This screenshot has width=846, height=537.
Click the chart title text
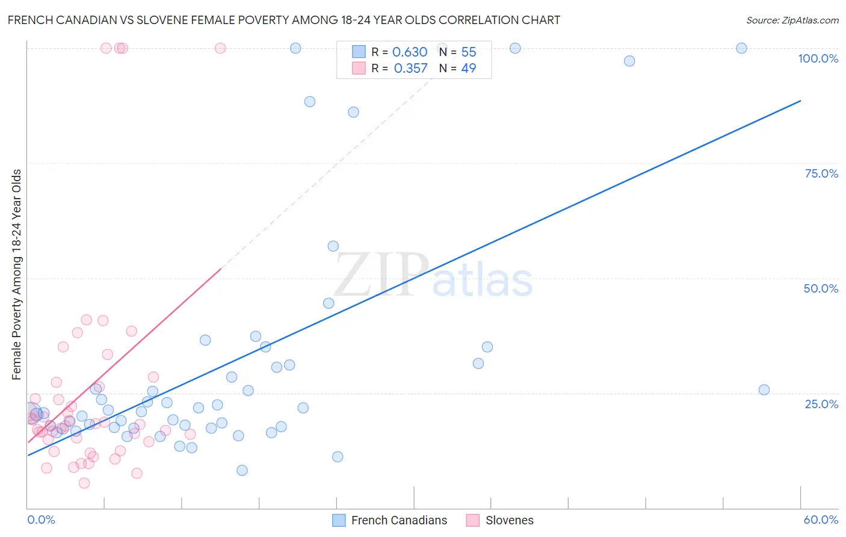pos(283,20)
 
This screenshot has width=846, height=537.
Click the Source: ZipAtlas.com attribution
pos(792,20)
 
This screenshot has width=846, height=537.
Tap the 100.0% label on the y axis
pos(818,58)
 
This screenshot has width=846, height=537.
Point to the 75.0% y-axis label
pos(821,173)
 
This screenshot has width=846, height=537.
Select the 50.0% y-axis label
pos(821,288)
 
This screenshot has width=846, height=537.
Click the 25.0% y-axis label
pos(821,404)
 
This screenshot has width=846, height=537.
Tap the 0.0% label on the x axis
pos(41,520)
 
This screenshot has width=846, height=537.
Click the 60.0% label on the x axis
pos(821,520)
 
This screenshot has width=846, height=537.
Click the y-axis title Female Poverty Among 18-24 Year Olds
pos(17,275)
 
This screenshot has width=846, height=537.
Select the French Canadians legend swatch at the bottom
pos(339,520)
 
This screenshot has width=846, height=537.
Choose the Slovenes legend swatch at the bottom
pos(473,520)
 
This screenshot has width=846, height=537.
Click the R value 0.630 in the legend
pos(409,52)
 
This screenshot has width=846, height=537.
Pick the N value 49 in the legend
pos(468,69)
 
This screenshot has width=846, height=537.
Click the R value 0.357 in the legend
pos(410,69)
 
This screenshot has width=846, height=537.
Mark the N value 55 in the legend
pos(468,52)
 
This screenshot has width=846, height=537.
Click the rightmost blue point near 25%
pos(764,390)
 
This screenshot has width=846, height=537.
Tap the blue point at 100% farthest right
pos(741,48)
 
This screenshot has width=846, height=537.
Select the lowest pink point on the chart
pos(84,483)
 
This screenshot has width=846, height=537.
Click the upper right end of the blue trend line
pos(800,101)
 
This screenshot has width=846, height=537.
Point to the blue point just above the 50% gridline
pos(333,246)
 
